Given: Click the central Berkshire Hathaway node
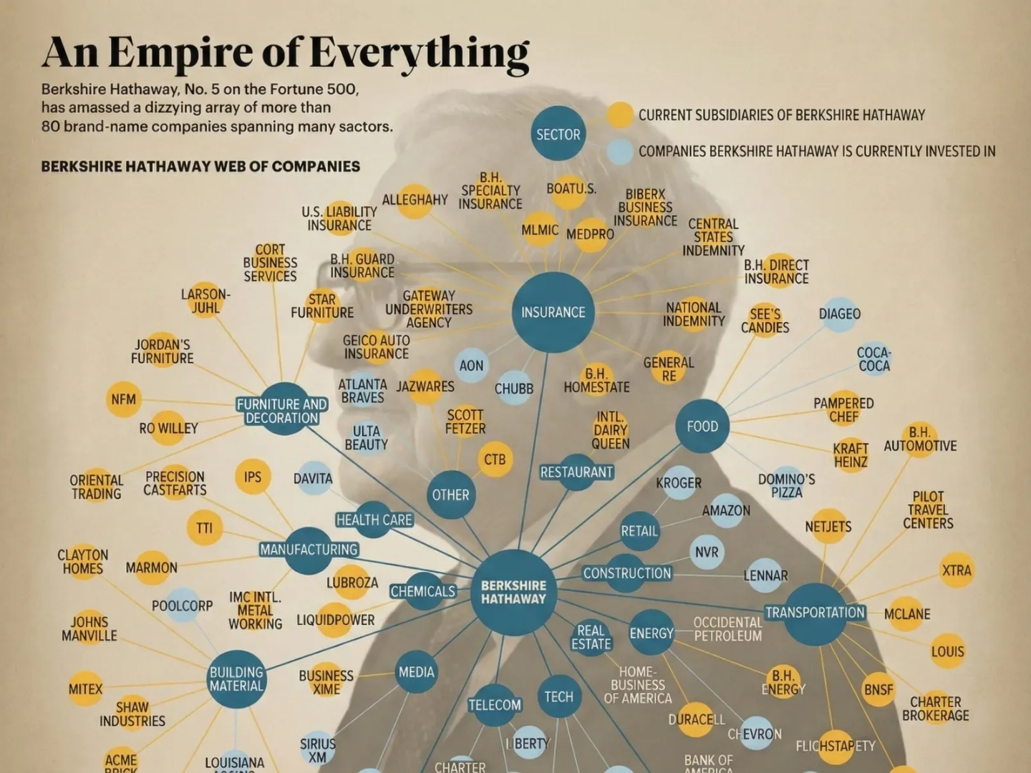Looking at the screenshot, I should click(x=513, y=593).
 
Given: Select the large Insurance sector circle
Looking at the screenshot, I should click(x=553, y=312).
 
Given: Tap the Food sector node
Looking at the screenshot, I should click(x=702, y=426).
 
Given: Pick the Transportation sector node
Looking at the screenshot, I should click(x=815, y=613).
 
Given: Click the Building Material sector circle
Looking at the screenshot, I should click(x=236, y=679).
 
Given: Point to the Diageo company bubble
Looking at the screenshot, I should click(x=840, y=313).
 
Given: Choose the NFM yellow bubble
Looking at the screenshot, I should click(x=123, y=399).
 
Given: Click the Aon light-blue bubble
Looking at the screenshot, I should click(x=471, y=366).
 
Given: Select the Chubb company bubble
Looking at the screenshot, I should click(x=514, y=388).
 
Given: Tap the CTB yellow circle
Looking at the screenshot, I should click(x=495, y=460).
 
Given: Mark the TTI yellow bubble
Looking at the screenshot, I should click(x=205, y=528).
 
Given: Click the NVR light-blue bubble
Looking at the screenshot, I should click(x=707, y=553).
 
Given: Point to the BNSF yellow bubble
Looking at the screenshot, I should click(x=878, y=689).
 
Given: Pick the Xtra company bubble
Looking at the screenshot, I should click(x=957, y=570).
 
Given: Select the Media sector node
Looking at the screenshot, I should click(x=416, y=672).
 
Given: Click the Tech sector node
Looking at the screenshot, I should click(x=558, y=696).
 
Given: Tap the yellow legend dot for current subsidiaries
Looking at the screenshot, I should click(x=619, y=115).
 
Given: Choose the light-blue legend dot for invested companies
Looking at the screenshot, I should click(x=619, y=151).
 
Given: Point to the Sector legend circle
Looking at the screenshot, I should click(x=558, y=134).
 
